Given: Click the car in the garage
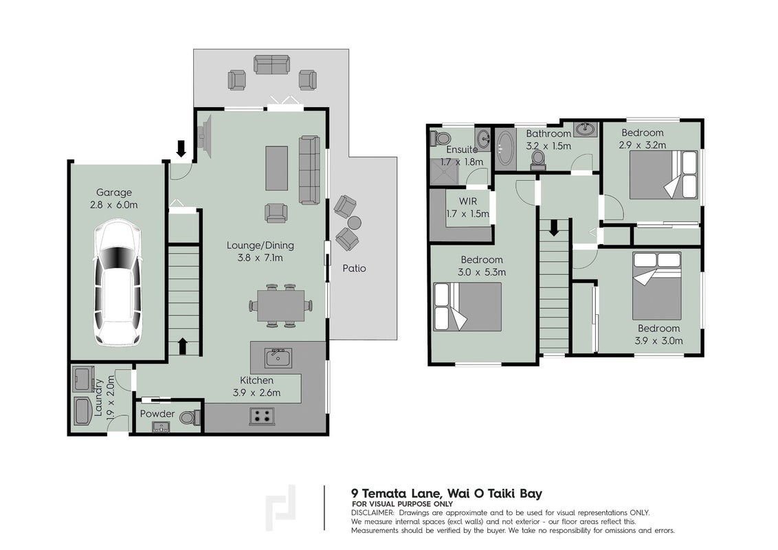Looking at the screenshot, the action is coord(118,283).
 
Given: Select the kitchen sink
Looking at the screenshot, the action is coord(278,358).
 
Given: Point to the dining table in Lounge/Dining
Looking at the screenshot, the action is coord(281,306).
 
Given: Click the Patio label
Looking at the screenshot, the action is coord(354,269).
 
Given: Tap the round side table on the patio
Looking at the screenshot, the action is coord(354,221).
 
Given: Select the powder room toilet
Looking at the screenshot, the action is coord(188,417).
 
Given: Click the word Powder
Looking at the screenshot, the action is coord(157,413).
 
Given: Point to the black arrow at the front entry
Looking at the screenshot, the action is coord(181,148).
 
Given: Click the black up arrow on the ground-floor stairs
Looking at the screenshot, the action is coord(182,346).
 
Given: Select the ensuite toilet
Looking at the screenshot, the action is coord(439,137).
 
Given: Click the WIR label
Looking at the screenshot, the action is coord(468,202).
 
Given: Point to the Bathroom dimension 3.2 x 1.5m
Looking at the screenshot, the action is coord(548,146).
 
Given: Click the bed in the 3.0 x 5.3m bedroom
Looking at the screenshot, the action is coord(467,306).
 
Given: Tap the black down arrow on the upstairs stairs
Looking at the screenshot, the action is coord(554,228).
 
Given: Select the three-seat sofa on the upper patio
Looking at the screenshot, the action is coord(271,65).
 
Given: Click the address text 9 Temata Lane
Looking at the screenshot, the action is coord(396,494).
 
